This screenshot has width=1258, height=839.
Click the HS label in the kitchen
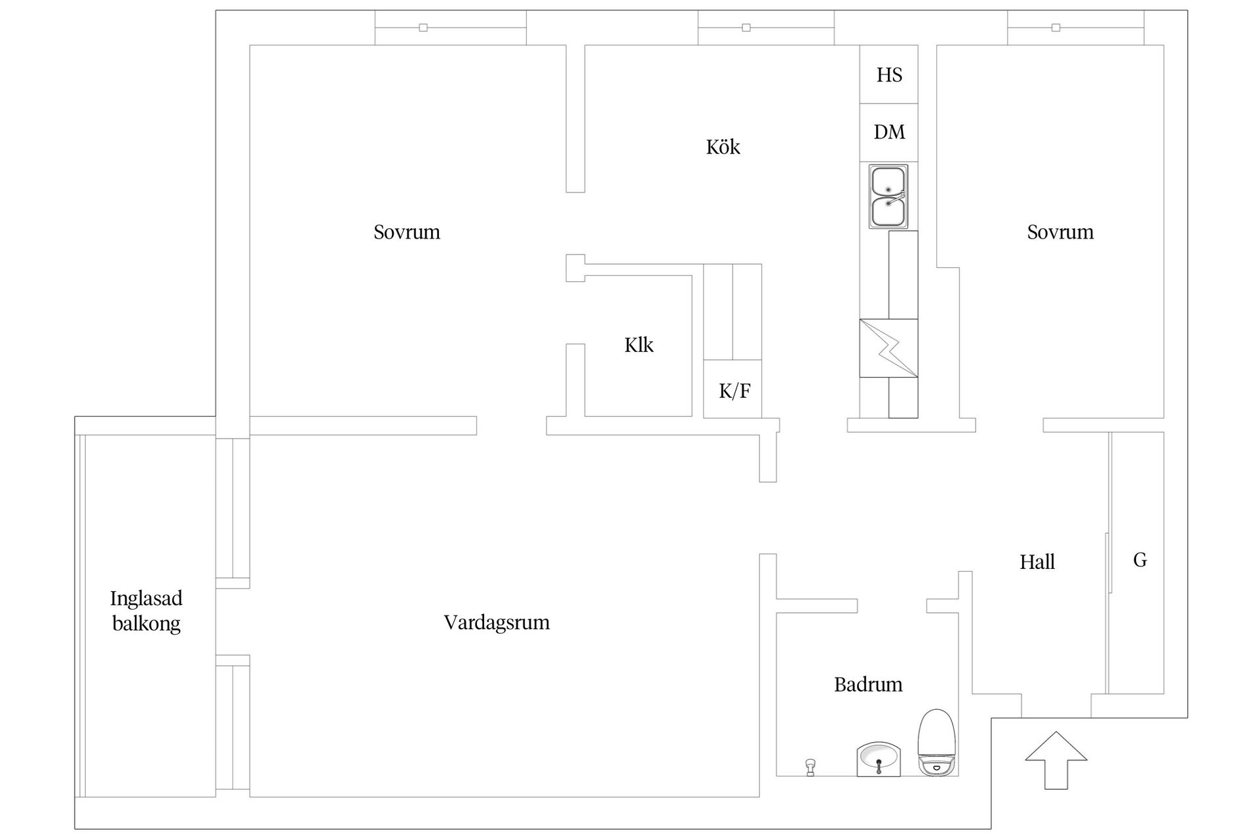889,75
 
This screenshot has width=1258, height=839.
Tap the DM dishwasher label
889,132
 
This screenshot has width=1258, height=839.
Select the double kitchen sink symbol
888,196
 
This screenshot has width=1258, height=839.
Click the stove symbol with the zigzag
888,348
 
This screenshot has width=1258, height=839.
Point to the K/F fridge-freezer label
734,391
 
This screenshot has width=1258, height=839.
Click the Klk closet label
638,345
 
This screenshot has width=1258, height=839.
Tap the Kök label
723,147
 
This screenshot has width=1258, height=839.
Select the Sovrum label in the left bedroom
407,232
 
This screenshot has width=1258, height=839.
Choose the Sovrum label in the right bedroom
1060,232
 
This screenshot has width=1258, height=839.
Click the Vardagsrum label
497,622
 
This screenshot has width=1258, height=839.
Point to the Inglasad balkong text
146,610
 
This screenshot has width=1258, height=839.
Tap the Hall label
1037,562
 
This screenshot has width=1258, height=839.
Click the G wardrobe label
1140,560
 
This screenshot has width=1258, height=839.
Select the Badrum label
868,685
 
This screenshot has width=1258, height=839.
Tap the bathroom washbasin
879,760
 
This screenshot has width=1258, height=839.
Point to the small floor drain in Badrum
810,767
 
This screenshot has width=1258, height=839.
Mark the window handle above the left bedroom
423,28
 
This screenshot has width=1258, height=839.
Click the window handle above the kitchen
746,28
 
